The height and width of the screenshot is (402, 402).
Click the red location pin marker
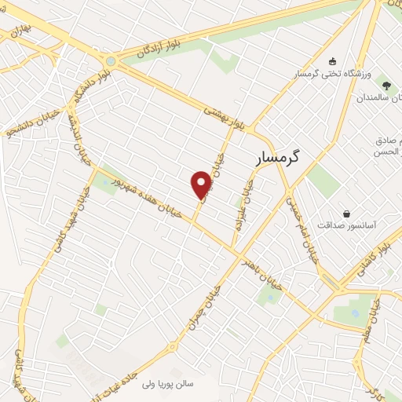[202, 184]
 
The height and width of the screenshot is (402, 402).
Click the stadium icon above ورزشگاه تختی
[332, 61]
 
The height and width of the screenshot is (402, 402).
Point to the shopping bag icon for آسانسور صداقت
[346, 213]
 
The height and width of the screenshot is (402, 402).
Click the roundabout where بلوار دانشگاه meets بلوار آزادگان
[111, 60]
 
